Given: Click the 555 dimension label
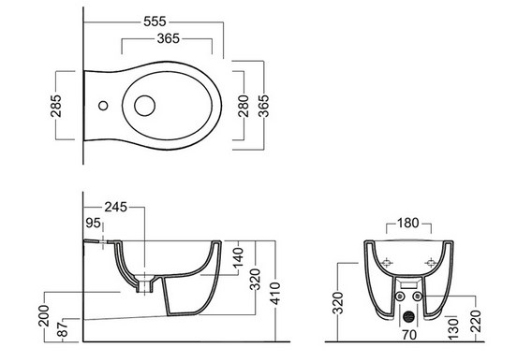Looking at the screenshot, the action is pyautogui.click(x=155, y=22).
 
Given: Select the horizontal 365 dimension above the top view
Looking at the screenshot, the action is pyautogui.click(x=169, y=38).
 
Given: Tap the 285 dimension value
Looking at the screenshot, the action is pyautogui.click(x=56, y=106).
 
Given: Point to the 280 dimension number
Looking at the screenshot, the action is pyautogui.click(x=244, y=106).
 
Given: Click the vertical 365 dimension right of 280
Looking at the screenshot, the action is pyautogui.click(x=263, y=106).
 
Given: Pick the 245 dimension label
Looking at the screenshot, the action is pyautogui.click(x=116, y=207).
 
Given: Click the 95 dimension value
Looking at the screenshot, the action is pyautogui.click(x=93, y=223).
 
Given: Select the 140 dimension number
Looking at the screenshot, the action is pyautogui.click(x=238, y=257).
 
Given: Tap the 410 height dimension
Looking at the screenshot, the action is pyautogui.click(x=274, y=293).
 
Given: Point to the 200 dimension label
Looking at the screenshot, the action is pyautogui.click(x=44, y=316).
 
